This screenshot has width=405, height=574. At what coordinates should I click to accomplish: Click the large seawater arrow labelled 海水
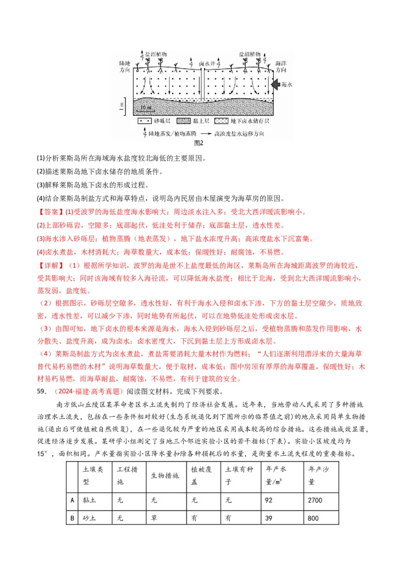pos(274,84)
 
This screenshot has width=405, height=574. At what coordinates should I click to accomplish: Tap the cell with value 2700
pos(321,500)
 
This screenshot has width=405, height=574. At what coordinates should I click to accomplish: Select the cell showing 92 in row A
pos(281,500)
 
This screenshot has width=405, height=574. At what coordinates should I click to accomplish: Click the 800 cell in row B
pos(321,518)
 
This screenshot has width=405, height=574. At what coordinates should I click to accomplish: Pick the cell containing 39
pos(281,518)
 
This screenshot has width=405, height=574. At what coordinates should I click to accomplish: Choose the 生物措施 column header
pos(166,476)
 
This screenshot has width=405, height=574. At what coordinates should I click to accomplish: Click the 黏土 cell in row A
pos(95,500)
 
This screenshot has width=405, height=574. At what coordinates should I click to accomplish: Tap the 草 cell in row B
pos(166,518)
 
